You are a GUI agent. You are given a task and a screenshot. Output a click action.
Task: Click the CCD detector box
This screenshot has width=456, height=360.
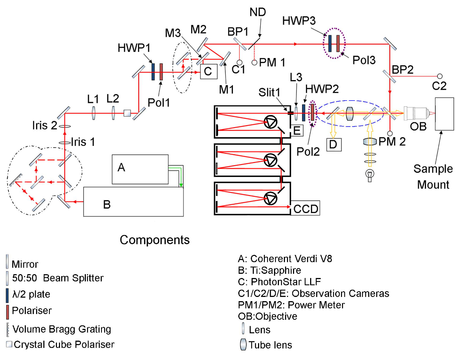click(x=305, y=208)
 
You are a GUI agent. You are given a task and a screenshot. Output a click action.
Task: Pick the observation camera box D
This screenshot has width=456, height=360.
click(x=334, y=145)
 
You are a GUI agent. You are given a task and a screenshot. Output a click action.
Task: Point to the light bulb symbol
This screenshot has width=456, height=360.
click(x=370, y=175)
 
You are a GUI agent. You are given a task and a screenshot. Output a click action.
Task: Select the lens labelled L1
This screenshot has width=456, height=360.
click(x=93, y=113)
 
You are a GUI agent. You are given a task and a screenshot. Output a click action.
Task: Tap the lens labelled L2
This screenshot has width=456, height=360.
click(x=113, y=113)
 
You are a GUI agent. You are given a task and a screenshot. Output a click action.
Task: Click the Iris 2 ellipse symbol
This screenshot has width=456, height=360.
click(x=65, y=126)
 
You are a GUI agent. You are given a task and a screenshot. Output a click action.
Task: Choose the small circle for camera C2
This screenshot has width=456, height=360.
click(x=440, y=76)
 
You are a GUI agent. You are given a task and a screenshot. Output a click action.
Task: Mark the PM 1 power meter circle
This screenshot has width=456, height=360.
click(x=254, y=63)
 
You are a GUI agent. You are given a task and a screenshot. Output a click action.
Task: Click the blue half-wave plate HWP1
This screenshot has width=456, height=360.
click(x=153, y=72)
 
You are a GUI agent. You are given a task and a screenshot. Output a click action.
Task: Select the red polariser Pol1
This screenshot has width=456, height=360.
click(x=161, y=72)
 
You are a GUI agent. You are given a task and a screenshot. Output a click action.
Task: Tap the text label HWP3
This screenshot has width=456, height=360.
click(x=299, y=21)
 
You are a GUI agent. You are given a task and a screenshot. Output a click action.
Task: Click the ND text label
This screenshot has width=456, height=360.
click(x=258, y=12)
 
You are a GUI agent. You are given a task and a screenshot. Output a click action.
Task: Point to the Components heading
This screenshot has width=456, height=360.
click(x=155, y=240)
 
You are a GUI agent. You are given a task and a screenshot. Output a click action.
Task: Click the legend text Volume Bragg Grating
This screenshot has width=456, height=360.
click(x=62, y=329)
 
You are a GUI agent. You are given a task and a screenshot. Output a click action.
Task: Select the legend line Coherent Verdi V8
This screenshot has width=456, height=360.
click(x=285, y=259)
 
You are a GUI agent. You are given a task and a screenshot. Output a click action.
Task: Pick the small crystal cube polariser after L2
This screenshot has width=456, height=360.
click(x=127, y=113)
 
